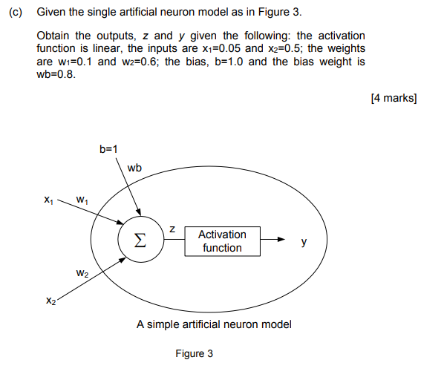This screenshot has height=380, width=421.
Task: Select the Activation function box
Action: tap(222, 241)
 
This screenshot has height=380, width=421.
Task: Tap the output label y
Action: tap(303, 242)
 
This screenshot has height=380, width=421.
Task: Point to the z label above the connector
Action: tap(172, 230)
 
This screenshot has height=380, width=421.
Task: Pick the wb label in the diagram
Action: tap(134, 168)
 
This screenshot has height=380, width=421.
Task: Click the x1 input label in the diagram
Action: tap(48, 200)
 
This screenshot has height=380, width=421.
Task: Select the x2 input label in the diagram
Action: tap(50, 301)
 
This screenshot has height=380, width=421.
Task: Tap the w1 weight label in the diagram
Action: tap(82, 200)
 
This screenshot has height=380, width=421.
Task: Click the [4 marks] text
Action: tap(394, 99)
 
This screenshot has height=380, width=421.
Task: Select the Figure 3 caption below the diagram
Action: tap(195, 353)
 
